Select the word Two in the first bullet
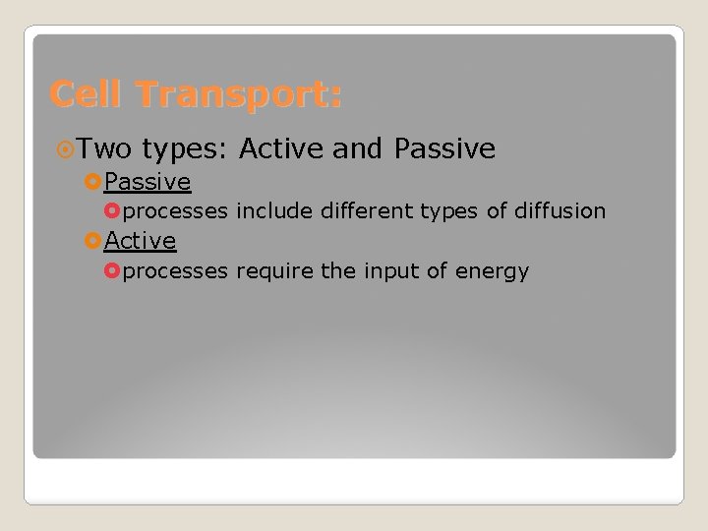[105, 149]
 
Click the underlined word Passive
[147, 182]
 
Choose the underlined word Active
[141, 240]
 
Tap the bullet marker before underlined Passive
[93, 183]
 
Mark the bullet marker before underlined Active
[93, 241]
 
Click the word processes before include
[176, 212]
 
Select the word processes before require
[176, 271]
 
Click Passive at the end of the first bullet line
[444, 149]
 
